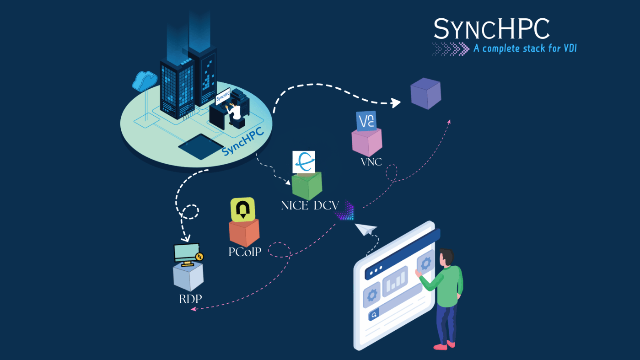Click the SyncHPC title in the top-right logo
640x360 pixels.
(491, 29)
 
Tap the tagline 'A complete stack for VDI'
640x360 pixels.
(524, 48)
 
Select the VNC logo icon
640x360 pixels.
(366, 121)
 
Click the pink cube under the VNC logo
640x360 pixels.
(366, 143)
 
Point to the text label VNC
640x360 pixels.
(371, 162)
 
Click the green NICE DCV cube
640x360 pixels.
(307, 186)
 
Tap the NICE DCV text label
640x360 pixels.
(310, 206)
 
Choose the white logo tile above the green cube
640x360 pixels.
(304, 162)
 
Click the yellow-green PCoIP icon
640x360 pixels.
(242, 210)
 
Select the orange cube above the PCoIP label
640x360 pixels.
(244, 233)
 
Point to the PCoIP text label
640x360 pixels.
(245, 252)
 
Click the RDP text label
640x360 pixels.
(190, 300)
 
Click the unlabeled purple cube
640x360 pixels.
(425, 94)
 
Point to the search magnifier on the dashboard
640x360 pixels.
(374, 315)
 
